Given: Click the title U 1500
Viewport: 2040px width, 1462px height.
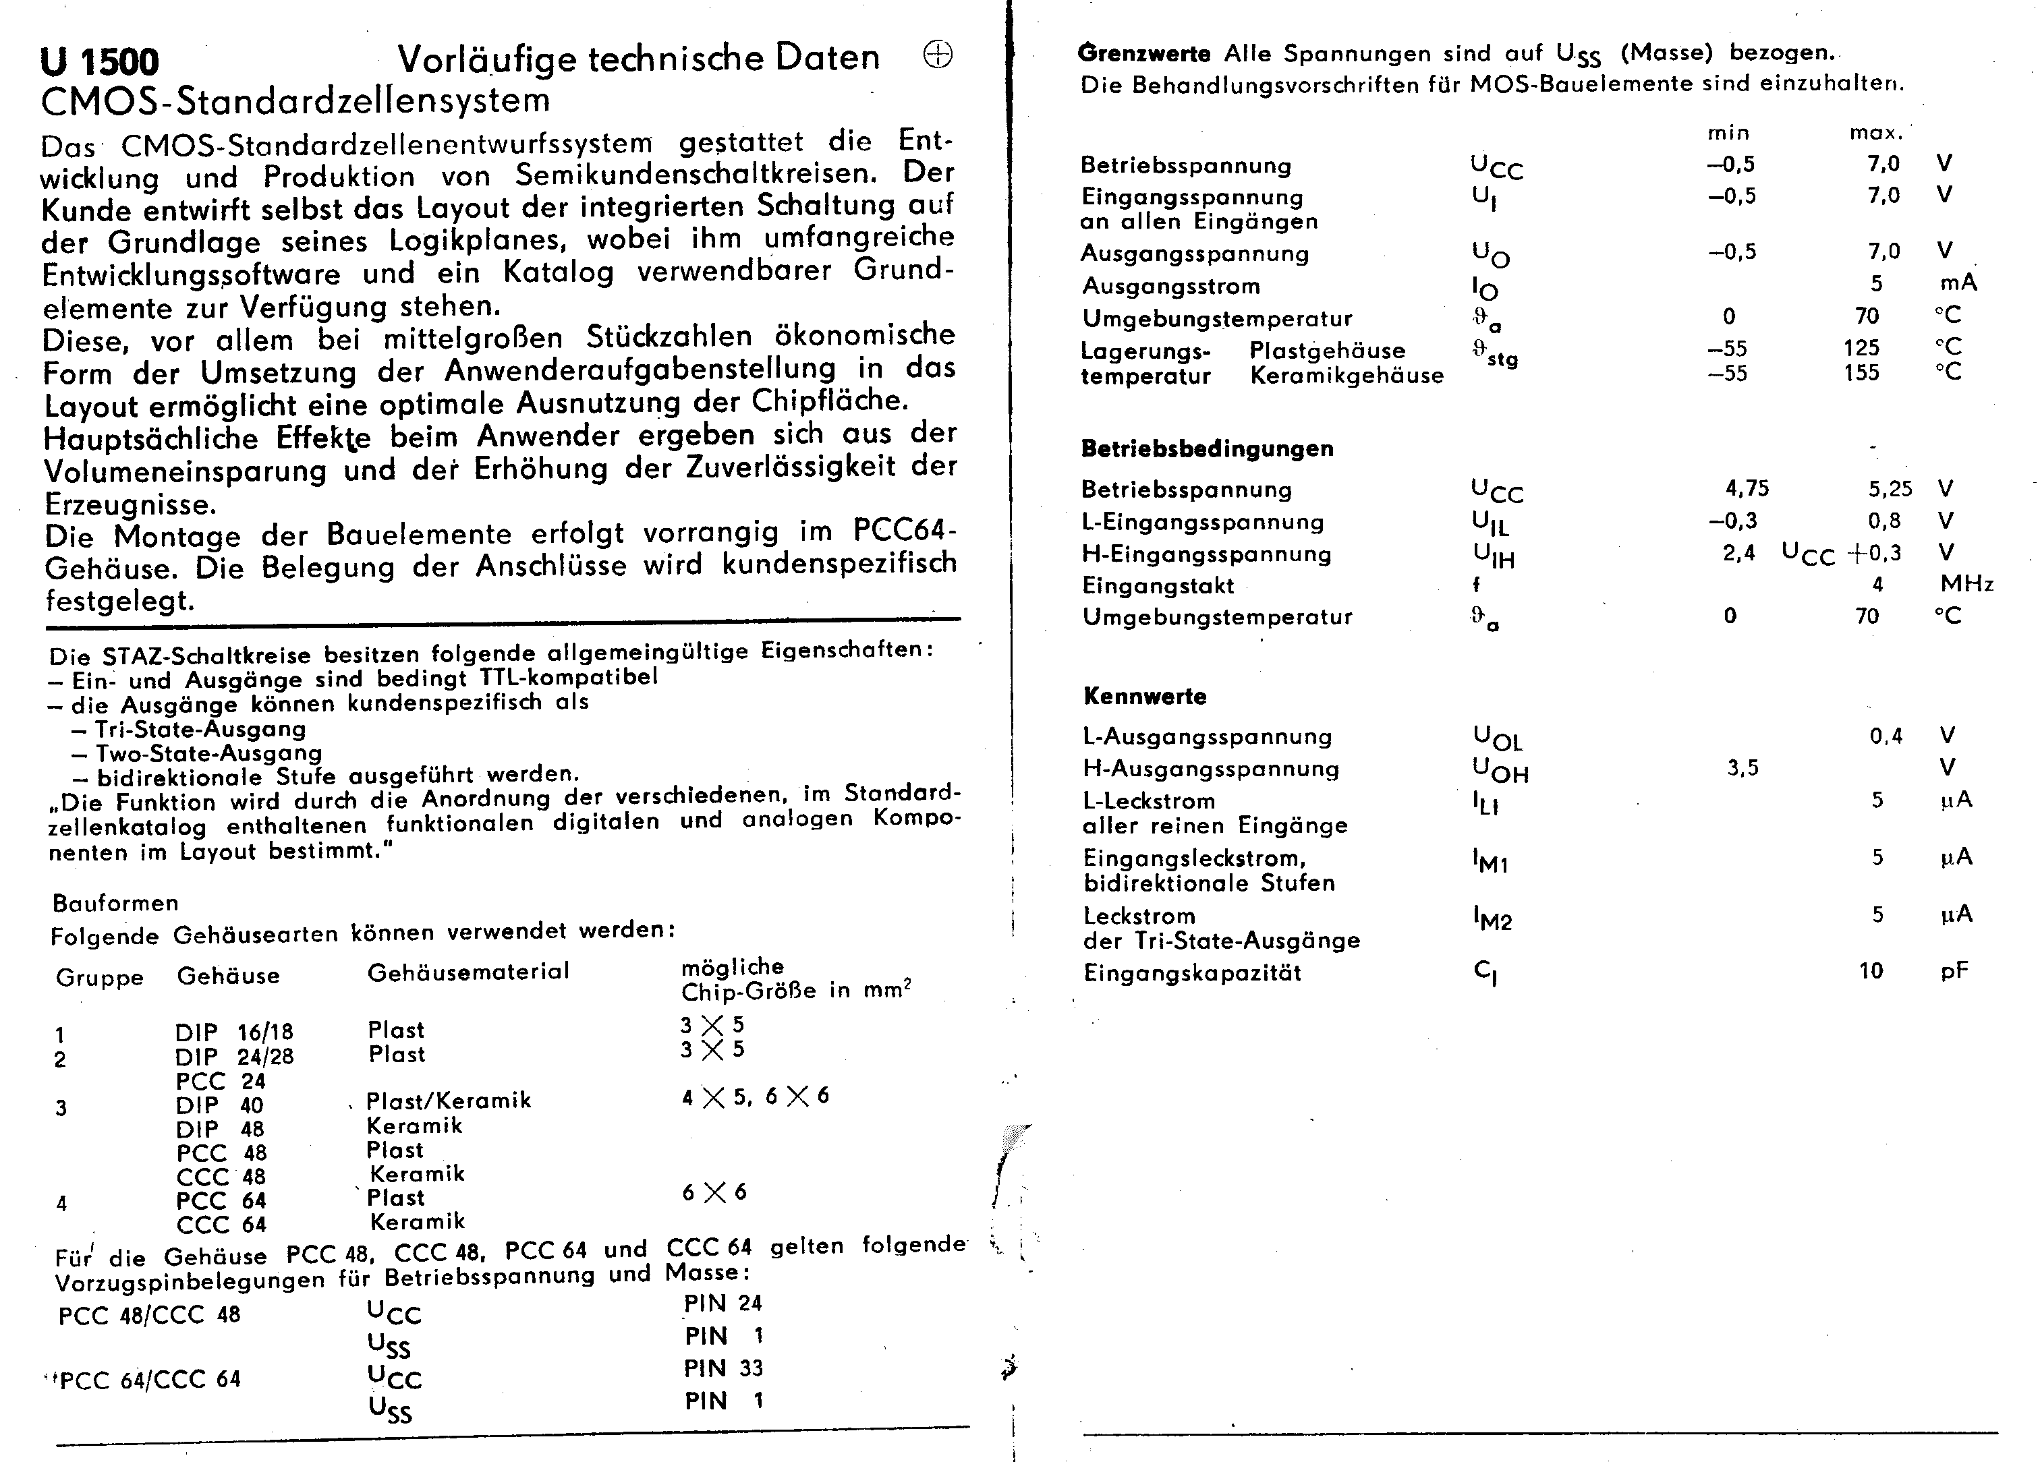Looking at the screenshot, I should click(99, 63).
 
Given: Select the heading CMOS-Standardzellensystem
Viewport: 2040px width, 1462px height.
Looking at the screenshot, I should click(295, 100).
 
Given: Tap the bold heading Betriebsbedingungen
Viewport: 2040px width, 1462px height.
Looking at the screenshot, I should click(1207, 448).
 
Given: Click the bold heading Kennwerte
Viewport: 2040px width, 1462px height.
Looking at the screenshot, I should click(1145, 696).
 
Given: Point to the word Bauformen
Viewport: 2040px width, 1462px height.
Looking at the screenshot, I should click(115, 903).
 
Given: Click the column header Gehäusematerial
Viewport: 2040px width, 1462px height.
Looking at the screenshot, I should click(468, 972).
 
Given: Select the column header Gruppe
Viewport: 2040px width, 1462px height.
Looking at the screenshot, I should click(99, 977).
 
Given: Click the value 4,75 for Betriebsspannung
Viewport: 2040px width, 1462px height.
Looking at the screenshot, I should click(1747, 489).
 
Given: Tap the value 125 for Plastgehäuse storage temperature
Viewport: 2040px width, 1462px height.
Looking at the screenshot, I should click(1861, 348).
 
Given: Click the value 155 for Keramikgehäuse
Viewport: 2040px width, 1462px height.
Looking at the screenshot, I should click(1861, 372).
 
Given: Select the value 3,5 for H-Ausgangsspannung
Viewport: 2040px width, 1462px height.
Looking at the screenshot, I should click(1743, 769).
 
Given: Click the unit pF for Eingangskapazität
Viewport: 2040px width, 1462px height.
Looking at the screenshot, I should click(1954, 971).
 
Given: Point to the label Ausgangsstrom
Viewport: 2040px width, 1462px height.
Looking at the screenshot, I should click(1171, 287).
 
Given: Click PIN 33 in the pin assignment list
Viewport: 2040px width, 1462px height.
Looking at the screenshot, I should click(723, 1368).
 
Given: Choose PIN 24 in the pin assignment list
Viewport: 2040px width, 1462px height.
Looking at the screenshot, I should click(722, 1304).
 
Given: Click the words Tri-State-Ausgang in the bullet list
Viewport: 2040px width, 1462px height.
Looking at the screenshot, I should click(200, 729).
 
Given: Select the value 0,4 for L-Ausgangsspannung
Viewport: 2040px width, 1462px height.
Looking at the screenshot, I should click(1886, 736).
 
